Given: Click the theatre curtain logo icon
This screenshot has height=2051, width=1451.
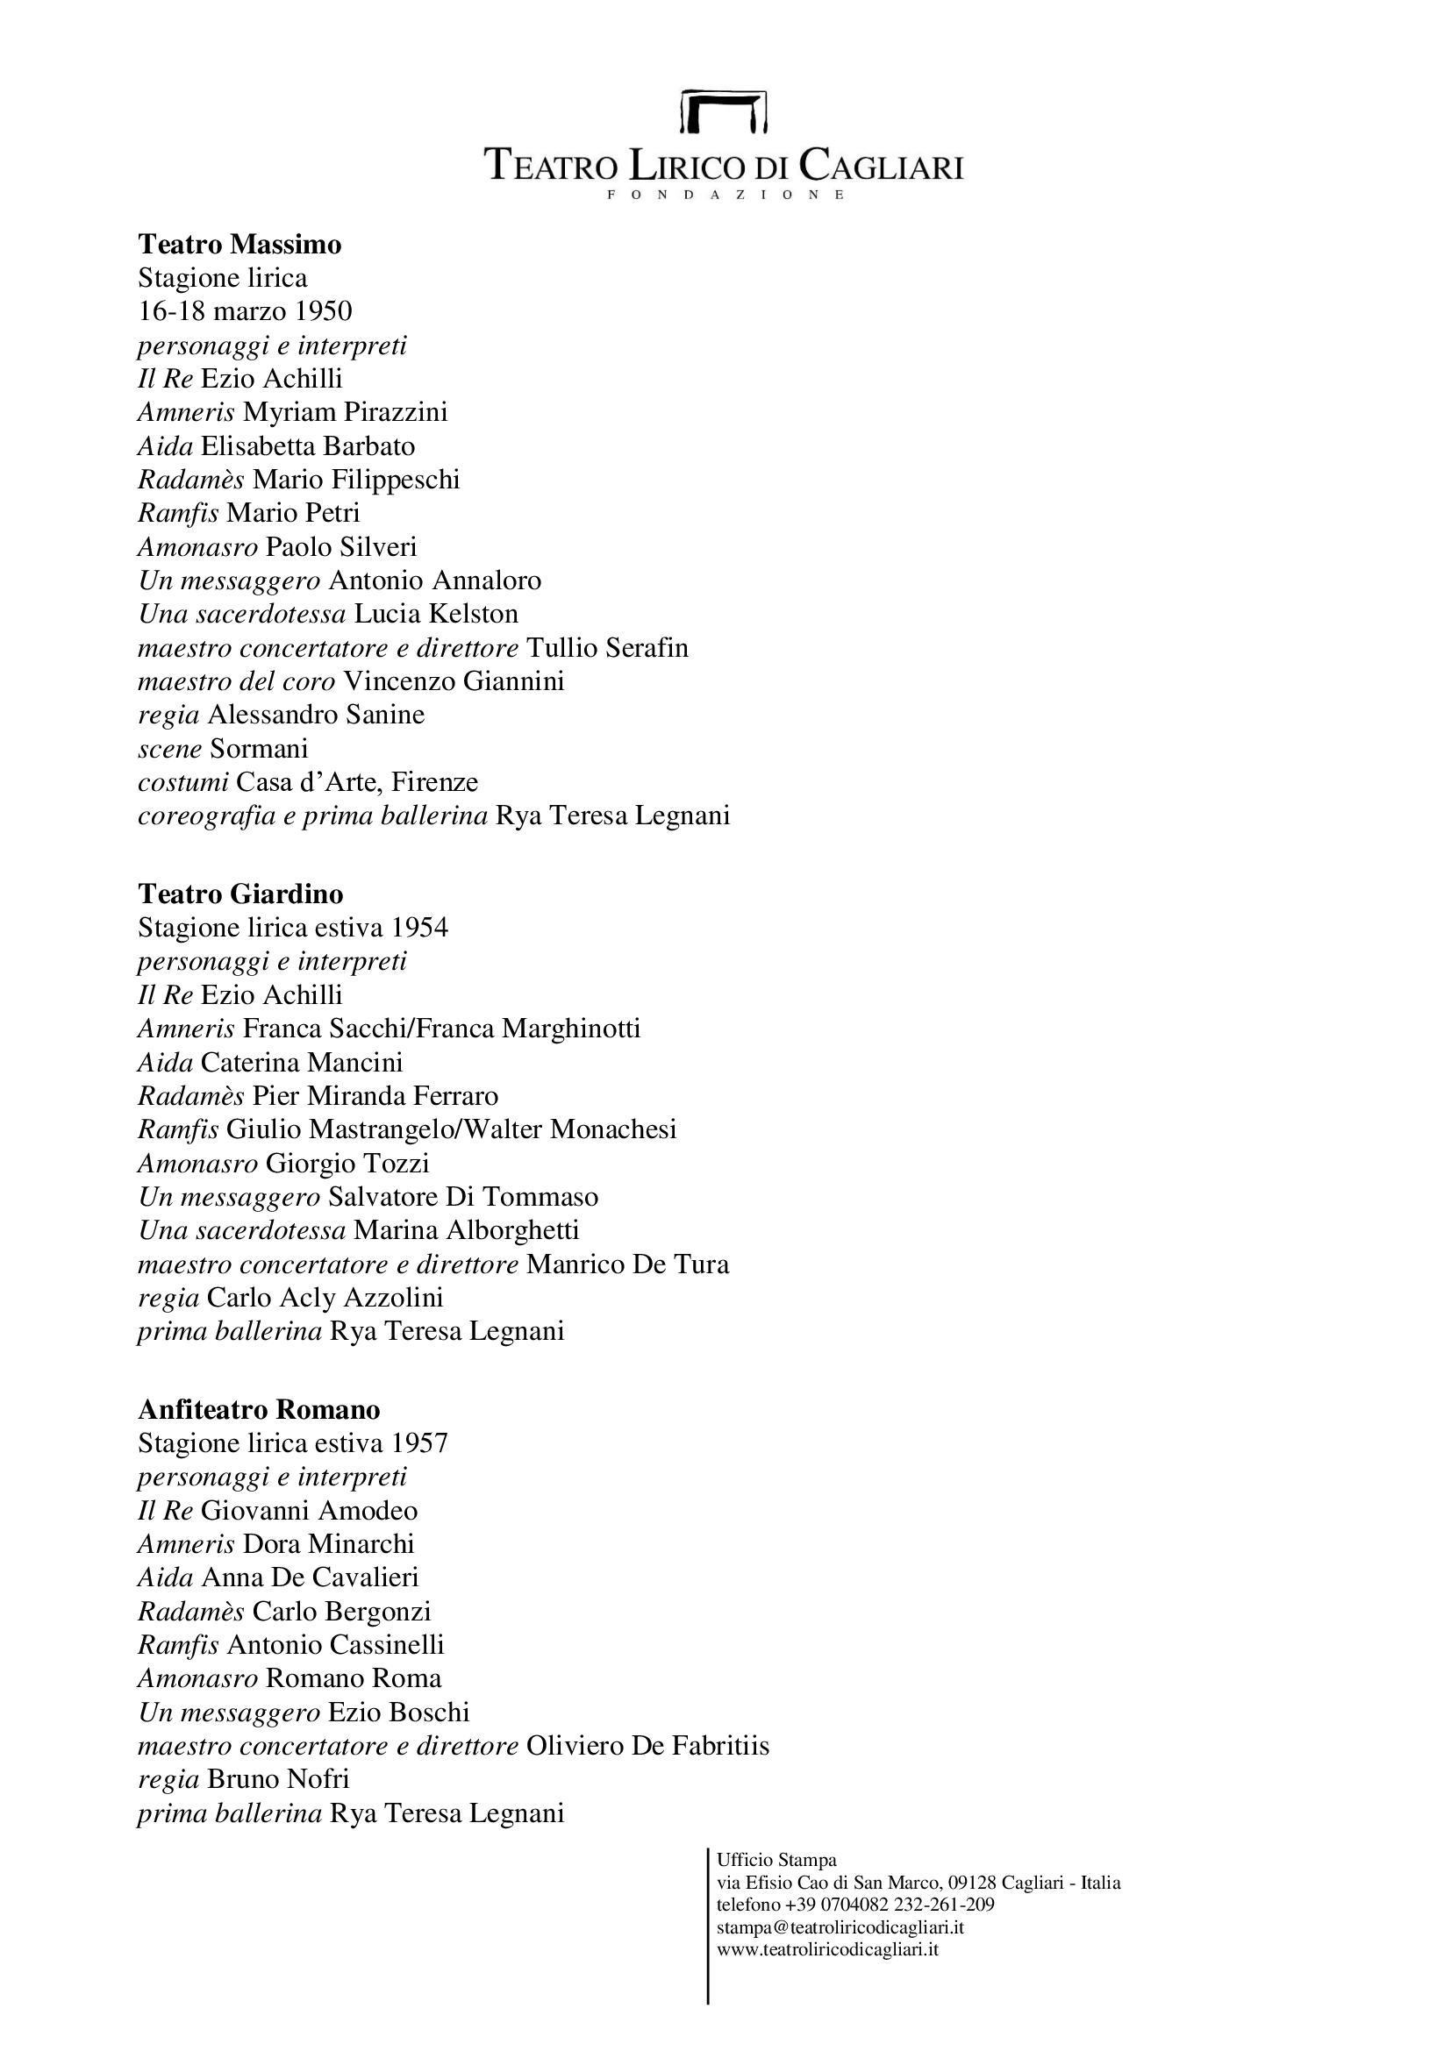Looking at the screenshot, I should (x=724, y=110).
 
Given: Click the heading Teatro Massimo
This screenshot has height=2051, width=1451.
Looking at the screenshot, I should (x=239, y=244).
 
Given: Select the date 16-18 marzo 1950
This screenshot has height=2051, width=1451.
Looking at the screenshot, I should (x=245, y=311).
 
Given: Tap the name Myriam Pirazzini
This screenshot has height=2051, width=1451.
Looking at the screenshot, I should (x=345, y=412).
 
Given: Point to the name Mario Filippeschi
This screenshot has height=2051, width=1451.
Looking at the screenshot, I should (x=355, y=480).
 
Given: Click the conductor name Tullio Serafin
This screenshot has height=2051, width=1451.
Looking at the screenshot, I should (x=608, y=648).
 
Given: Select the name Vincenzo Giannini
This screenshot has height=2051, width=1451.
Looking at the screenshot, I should (x=454, y=681).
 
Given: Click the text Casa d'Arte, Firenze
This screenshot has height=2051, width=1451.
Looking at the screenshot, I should (x=356, y=782).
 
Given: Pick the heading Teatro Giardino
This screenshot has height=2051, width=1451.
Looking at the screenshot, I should (x=240, y=894).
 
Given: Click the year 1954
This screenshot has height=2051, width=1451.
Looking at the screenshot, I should (x=419, y=928).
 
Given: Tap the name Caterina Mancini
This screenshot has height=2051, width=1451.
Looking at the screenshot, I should (x=302, y=1063).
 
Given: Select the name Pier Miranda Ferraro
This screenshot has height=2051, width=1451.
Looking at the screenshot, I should (x=375, y=1096).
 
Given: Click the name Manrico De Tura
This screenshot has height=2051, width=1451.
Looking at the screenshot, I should (x=627, y=1265).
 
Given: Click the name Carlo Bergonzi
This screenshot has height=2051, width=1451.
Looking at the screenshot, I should (x=341, y=1612).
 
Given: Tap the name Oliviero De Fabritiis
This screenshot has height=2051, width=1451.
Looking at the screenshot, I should (x=647, y=1747).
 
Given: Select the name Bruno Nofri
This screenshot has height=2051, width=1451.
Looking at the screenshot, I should (x=278, y=1779).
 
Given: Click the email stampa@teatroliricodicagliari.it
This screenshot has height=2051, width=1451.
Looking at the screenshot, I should (x=840, y=1927).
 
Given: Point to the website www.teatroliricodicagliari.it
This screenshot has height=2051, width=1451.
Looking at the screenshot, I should (x=827, y=1949).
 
